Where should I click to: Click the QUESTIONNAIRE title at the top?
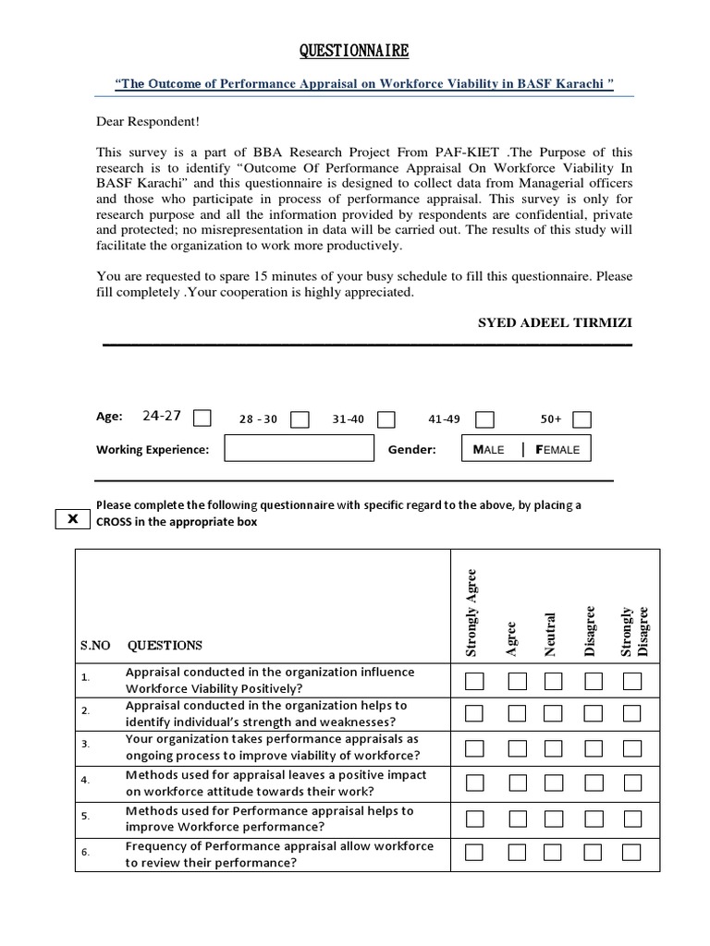(354, 50)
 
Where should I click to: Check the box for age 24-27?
(202, 418)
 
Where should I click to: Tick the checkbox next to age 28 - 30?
(300, 419)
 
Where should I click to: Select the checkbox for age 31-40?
(386, 419)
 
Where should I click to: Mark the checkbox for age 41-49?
(484, 419)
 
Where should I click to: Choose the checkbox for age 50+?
(581, 419)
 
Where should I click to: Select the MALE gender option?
(489, 449)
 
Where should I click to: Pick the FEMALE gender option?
(557, 449)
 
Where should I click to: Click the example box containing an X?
(73, 520)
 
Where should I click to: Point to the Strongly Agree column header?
(471, 612)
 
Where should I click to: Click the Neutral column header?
(552, 634)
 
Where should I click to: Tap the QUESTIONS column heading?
(165, 645)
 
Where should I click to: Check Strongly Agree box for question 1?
(473, 682)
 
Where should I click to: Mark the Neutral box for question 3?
(553, 748)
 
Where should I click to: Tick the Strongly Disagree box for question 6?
(632, 852)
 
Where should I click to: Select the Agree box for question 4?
(517, 783)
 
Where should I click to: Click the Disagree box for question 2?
(593, 714)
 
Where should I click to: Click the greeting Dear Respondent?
(147, 122)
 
